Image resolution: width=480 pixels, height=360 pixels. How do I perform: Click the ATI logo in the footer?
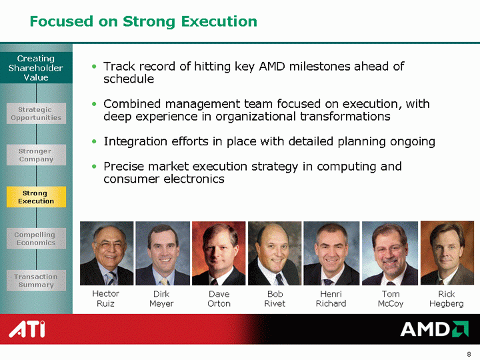click(27, 329)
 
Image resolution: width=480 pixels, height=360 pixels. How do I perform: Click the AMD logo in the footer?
click(435, 329)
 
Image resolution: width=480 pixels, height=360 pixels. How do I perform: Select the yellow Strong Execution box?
click(36, 197)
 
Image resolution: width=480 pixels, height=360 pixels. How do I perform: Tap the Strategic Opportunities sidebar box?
click(36, 113)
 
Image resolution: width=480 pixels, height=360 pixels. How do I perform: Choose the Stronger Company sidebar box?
click(36, 155)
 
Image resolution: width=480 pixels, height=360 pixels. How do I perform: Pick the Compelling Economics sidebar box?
click(36, 239)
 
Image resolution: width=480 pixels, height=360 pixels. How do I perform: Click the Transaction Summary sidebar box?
click(36, 281)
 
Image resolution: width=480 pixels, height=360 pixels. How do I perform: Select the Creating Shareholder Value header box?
click(36, 67)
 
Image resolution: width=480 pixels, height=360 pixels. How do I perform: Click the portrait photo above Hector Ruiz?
click(107, 253)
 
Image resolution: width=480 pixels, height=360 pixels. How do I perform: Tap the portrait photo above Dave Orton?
click(219, 253)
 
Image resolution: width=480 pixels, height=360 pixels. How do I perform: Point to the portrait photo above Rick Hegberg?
click(447, 253)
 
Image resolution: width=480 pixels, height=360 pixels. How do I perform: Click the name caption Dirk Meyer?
click(161, 299)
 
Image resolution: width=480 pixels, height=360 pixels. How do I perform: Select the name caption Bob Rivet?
click(275, 299)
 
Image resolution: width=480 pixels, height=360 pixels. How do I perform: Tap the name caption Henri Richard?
click(331, 299)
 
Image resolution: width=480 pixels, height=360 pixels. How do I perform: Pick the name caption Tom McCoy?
click(391, 299)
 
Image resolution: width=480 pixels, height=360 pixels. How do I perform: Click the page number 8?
click(469, 354)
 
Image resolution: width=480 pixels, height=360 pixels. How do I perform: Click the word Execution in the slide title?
click(219, 21)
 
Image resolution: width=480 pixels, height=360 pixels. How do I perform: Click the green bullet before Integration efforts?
click(94, 141)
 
